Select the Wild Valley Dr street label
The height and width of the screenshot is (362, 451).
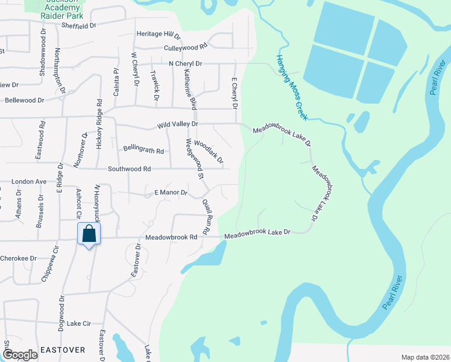(177, 124)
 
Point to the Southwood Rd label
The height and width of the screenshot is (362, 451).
(129, 169)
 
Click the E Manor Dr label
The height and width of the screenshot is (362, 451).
(171, 193)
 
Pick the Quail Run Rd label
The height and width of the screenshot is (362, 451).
(208, 217)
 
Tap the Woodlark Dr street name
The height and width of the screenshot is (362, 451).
(209, 153)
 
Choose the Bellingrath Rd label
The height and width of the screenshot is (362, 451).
(143, 150)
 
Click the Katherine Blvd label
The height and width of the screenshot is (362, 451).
(191, 89)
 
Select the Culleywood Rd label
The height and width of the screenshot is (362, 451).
(185, 46)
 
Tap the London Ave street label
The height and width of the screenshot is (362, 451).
(29, 181)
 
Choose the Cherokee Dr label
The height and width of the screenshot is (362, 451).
(18, 258)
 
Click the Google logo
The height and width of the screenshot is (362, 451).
(20, 355)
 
